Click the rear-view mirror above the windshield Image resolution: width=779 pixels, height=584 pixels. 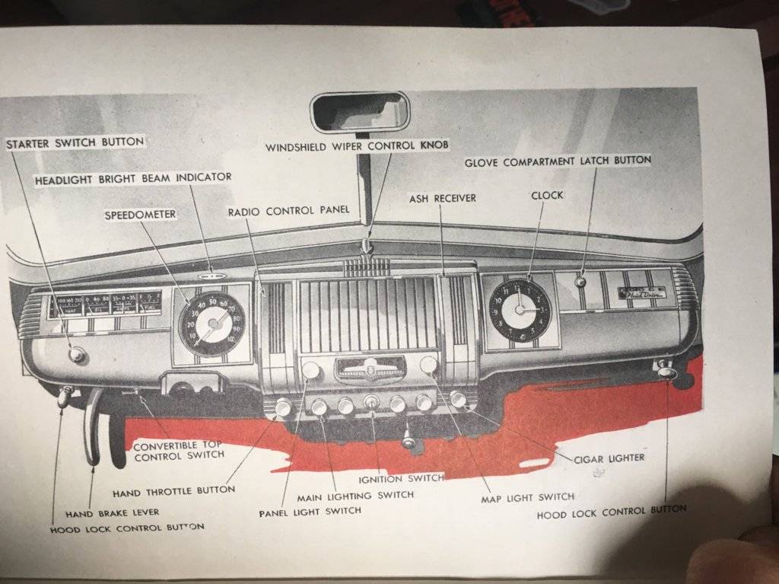[x=360, y=112]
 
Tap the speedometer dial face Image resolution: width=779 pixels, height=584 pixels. [x=211, y=324]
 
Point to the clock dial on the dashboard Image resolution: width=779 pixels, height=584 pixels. [x=520, y=309]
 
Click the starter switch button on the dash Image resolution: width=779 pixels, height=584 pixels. [x=76, y=354]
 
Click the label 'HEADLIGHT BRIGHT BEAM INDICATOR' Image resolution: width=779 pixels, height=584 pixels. [x=133, y=177]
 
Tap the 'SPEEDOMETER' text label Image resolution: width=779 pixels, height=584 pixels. [x=140, y=215]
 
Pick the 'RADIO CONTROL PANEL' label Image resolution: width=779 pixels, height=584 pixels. [x=288, y=210]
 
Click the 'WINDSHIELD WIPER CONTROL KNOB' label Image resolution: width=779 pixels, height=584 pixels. [x=357, y=145]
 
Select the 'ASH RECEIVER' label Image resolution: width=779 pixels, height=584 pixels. [x=443, y=198]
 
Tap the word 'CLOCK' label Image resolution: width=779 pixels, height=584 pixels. [x=547, y=195]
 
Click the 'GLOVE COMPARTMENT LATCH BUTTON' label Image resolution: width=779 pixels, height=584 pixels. [x=558, y=161]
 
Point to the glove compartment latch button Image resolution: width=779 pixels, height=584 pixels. [x=580, y=282]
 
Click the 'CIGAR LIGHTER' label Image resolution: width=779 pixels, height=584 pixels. [x=609, y=458]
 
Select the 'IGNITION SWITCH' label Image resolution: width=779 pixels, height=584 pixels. [x=401, y=478]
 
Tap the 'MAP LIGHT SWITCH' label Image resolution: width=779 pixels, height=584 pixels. [x=527, y=498]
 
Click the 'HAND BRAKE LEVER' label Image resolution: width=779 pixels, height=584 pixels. [x=112, y=512]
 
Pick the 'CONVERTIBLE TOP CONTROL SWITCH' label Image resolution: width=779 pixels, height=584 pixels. [x=179, y=450]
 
